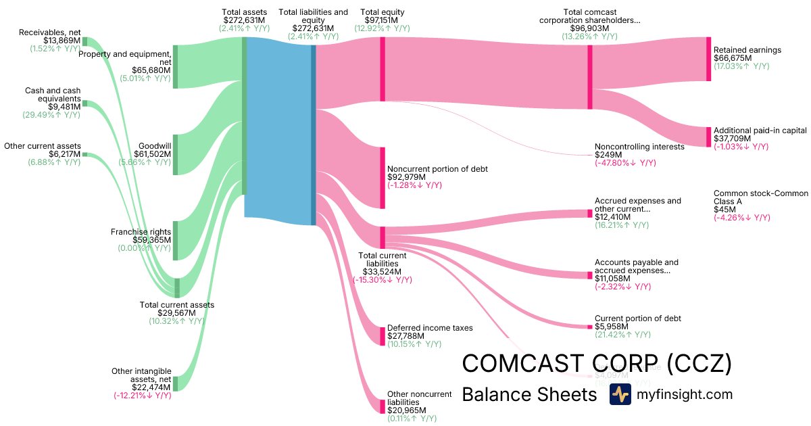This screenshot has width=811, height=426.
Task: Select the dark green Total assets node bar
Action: click(x=244, y=115)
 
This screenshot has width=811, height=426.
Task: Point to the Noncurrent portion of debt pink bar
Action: click(x=383, y=177)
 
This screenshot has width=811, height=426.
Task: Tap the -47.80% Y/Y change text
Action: click(x=624, y=163)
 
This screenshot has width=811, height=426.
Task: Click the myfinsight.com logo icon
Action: click(x=620, y=394)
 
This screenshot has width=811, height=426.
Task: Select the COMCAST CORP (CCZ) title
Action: click(x=597, y=364)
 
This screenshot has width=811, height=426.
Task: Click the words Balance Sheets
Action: click(x=529, y=394)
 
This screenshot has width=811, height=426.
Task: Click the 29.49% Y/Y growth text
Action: click(x=54, y=114)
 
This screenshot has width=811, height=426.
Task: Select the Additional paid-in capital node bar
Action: click(x=708, y=137)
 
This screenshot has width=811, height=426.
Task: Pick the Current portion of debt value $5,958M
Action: click(x=612, y=327)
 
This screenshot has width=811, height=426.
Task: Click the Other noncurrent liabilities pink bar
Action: click(x=383, y=406)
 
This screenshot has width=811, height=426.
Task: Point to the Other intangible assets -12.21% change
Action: click(x=143, y=396)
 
